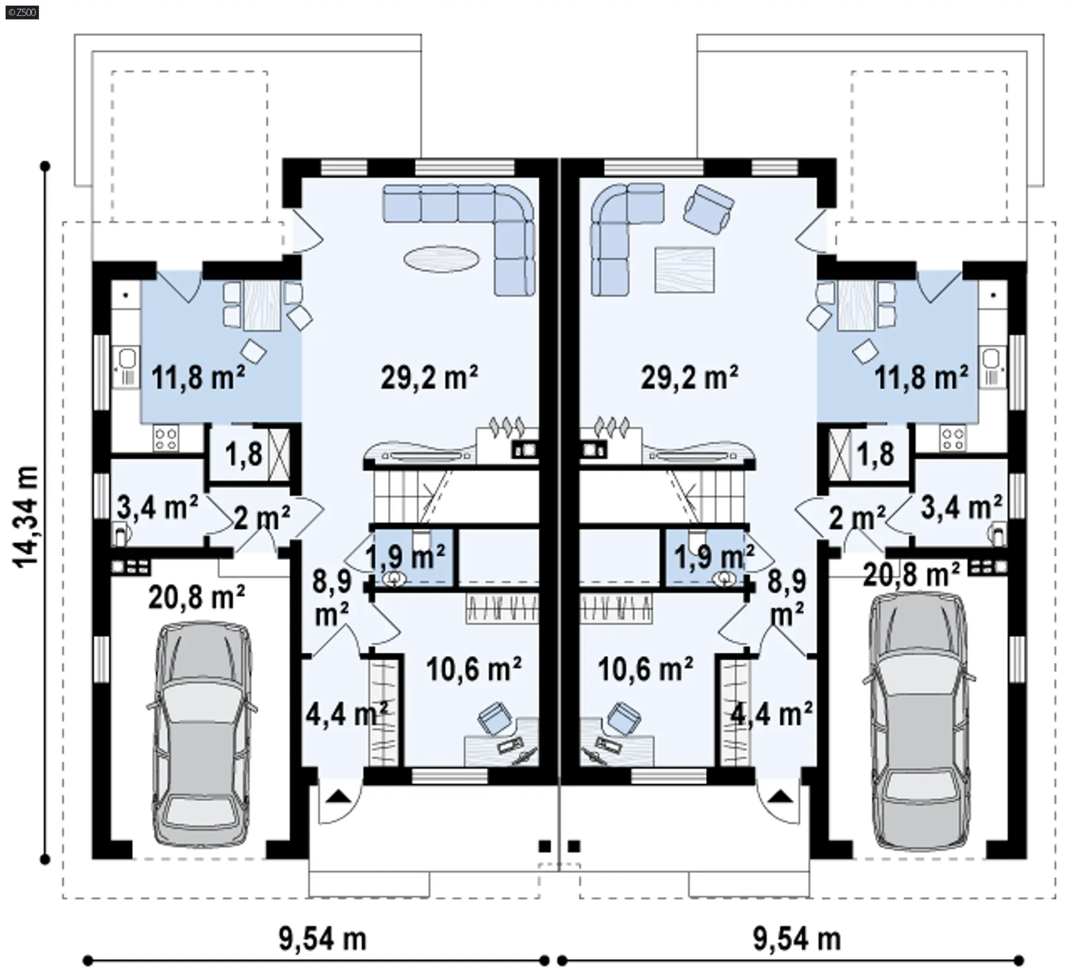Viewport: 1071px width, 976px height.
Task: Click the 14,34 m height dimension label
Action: pyautogui.click(x=26, y=515)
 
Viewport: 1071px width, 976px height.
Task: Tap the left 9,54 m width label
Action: pyautogui.click(x=322, y=939)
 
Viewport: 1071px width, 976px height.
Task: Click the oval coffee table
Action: pyautogui.click(x=441, y=259)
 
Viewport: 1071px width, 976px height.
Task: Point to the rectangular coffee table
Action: pyautogui.click(x=684, y=270)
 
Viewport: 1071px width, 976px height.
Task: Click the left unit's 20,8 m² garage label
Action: pyautogui.click(x=196, y=598)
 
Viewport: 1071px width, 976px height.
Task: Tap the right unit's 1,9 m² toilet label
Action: pyautogui.click(x=714, y=556)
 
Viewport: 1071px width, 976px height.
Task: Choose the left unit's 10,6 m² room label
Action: pyautogui.click(x=474, y=669)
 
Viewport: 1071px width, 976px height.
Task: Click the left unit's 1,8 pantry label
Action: pyautogui.click(x=244, y=454)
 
